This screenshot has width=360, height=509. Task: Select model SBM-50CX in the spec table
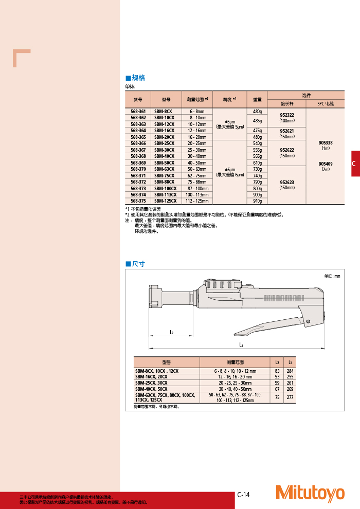pos(165,162)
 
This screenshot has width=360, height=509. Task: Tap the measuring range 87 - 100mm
pos(197,188)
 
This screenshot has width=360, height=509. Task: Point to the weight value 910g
pos(257,201)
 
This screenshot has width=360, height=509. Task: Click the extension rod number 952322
pos(286,115)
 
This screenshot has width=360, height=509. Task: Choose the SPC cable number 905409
pos(326,164)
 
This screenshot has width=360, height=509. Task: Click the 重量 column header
pos(257,100)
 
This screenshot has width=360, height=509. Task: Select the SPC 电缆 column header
pos(326,103)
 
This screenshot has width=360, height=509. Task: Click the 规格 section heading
pos(138,78)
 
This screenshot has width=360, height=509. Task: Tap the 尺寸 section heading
pos(138,264)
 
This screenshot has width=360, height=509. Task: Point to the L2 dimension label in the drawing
pos(171,332)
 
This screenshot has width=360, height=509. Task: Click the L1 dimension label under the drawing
pos(241,344)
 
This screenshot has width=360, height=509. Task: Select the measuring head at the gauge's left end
pos(155,299)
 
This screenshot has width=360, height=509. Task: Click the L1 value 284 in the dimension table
pos(291,371)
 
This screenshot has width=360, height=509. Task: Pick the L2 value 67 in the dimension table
pos(277,389)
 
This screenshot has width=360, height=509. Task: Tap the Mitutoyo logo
pos(310,493)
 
